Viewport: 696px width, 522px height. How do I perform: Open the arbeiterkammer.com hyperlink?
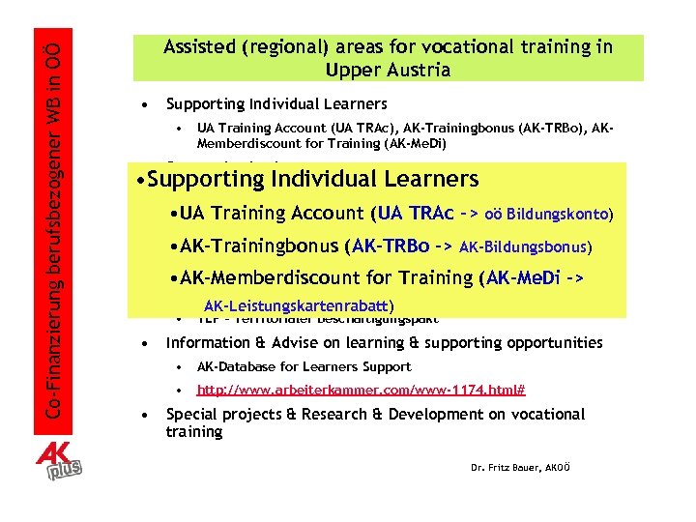(x=361, y=391)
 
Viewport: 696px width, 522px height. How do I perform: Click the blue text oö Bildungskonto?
(x=549, y=214)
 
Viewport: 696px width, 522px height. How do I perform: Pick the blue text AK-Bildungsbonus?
(x=525, y=246)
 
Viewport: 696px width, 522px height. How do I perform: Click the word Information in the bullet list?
(x=208, y=343)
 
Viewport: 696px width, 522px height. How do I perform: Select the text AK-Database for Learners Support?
(x=304, y=367)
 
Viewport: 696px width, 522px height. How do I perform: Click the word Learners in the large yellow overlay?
(x=426, y=179)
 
